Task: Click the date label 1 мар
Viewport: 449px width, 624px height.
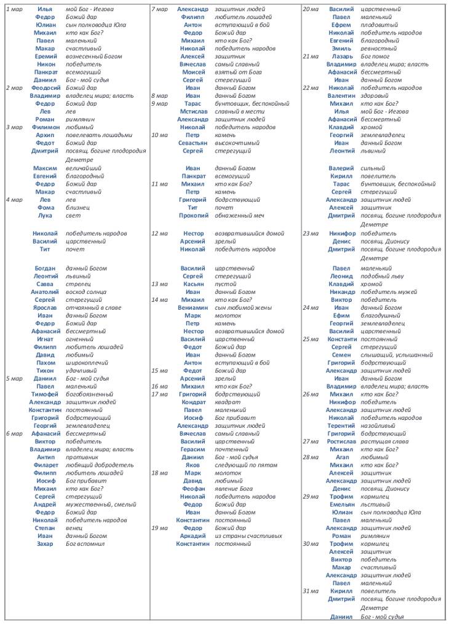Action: tap(14, 9)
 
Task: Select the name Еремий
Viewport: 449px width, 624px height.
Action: tap(45, 57)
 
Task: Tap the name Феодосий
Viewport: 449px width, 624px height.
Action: tap(46, 88)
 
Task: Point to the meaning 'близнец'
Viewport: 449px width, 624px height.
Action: tap(79, 207)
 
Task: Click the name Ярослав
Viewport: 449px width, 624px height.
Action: tap(45, 307)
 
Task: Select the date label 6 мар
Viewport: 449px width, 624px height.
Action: tap(14, 433)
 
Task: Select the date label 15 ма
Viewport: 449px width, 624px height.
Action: tap(159, 371)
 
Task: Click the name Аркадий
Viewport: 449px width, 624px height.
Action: tap(193, 535)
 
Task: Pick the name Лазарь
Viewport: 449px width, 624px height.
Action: tap(341, 56)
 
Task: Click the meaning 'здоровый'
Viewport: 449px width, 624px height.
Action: tap(374, 96)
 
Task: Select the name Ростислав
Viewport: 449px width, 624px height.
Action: tap(341, 441)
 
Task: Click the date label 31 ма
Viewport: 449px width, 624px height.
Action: tap(311, 591)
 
